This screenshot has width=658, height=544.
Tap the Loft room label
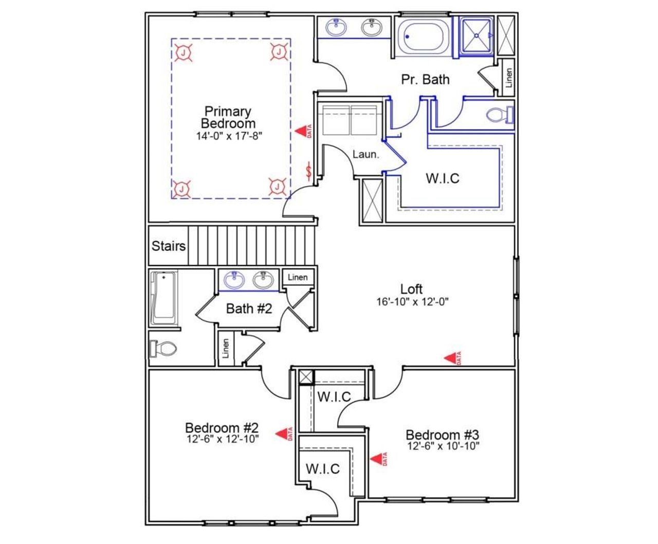(411, 289)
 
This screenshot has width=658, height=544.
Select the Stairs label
(168, 246)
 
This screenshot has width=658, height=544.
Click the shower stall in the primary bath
(476, 35)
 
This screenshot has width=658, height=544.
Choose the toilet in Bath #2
(163, 349)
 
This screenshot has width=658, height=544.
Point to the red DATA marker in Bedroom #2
(283, 434)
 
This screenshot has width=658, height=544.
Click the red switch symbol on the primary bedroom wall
(308, 171)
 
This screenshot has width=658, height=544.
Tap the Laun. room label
(365, 154)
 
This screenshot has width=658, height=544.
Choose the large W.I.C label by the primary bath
(442, 178)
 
